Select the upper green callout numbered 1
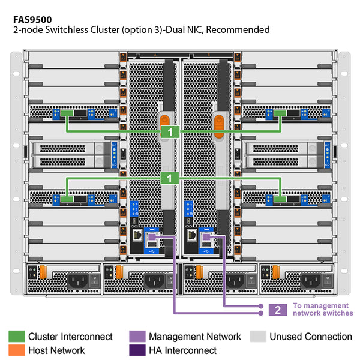tap(170, 130)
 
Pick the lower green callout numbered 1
tap(170, 178)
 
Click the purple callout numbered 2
tap(278, 310)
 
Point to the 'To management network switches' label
tap(322, 310)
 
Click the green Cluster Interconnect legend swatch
tap(16, 337)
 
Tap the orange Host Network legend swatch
tap(16, 350)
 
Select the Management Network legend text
tap(194, 337)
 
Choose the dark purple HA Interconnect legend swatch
tap(137, 350)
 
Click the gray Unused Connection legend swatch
tap(258, 337)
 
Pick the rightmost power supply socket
tap(312, 281)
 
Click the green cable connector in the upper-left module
tap(67, 113)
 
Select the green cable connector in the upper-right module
tap(280, 113)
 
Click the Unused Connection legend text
tap(311, 337)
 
